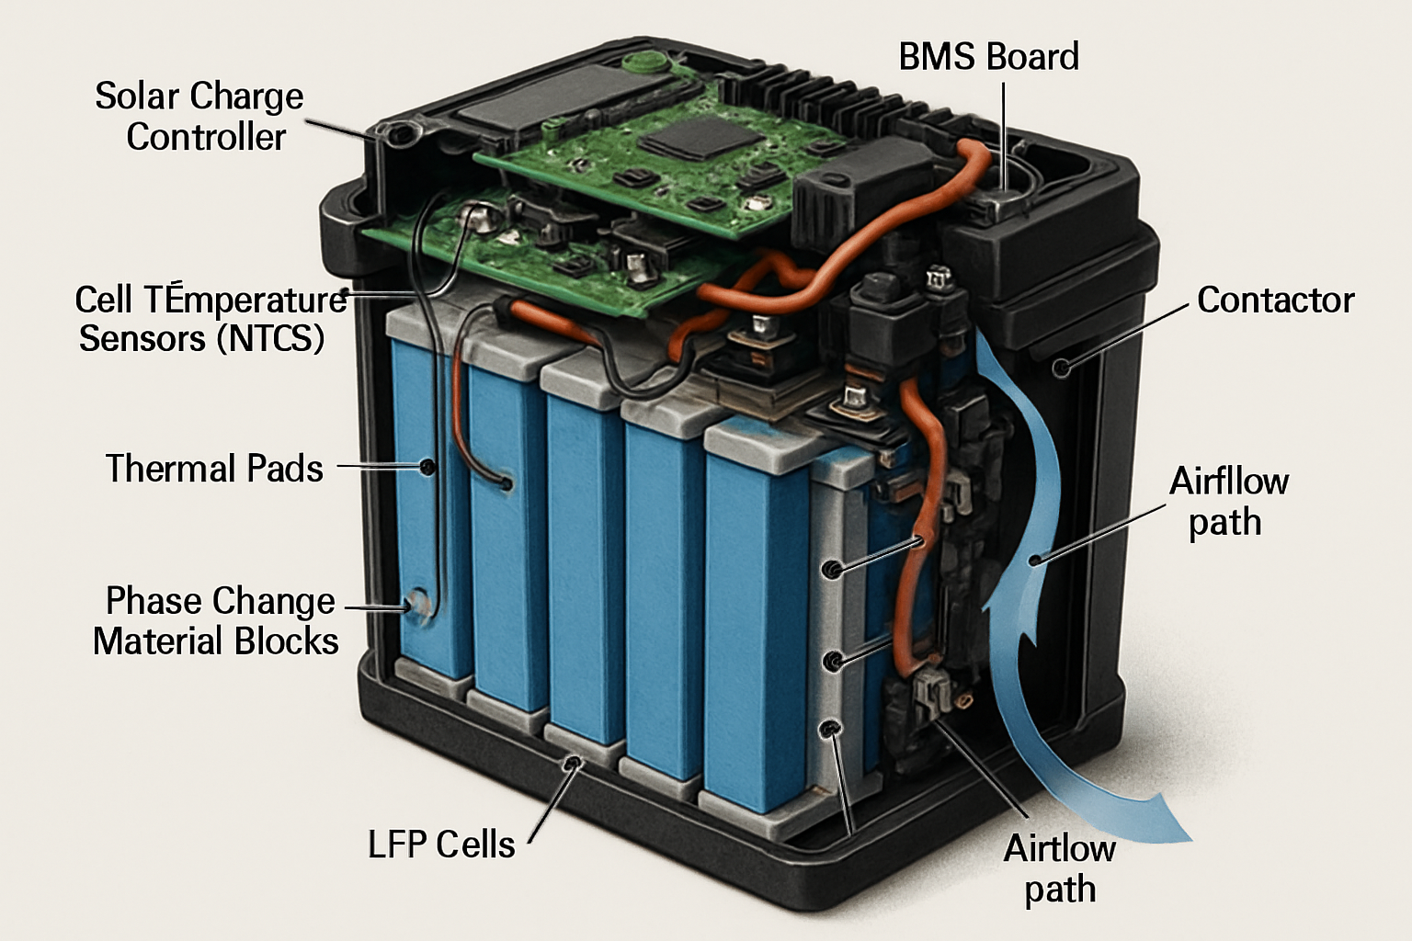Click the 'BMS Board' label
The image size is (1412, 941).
point(988,57)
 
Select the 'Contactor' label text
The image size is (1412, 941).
point(1275,300)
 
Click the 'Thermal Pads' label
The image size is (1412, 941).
point(214,469)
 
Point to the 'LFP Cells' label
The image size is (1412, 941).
point(441,845)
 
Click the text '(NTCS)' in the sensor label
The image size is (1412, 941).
point(271,339)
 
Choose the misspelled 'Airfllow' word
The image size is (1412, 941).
point(1228,482)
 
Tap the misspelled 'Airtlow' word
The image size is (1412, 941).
point(1059,848)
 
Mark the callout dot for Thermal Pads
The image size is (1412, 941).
point(427,467)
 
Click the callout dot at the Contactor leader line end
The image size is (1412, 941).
point(1063,368)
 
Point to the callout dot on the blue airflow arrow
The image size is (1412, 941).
point(1035,559)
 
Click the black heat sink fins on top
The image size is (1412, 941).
point(809,92)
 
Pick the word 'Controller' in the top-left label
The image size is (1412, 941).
point(206,138)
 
